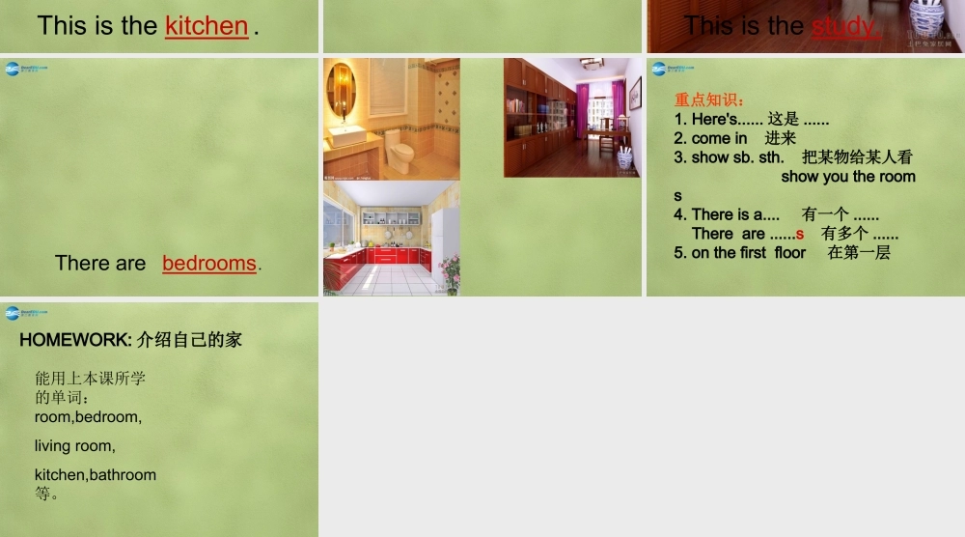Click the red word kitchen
pos(207,26)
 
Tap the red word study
pos(845,26)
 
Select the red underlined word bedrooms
pos(209,263)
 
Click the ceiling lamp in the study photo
pos(592,64)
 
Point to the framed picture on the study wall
pos(634,94)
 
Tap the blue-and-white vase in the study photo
pos(624,157)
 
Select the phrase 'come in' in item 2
pos(719,138)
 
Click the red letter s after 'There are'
pos(800,234)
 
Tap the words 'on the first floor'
pos(748,253)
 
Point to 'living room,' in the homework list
pos(75,446)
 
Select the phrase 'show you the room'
pos(847,177)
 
